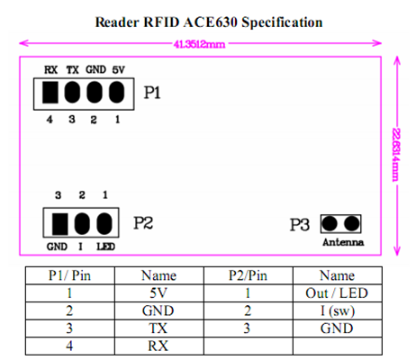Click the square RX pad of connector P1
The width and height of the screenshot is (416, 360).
[50, 93]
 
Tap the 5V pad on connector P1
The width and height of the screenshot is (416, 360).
[116, 93]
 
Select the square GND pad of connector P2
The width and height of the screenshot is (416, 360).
[60, 224]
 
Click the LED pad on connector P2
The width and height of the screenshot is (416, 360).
[104, 224]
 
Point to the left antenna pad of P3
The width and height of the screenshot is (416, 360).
[330, 223]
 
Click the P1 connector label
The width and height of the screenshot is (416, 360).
[152, 93]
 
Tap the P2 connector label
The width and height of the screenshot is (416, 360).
[143, 223]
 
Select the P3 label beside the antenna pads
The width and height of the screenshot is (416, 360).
[300, 225]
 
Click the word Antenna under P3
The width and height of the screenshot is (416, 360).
[343, 242]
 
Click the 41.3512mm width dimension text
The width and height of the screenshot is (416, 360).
[199, 44]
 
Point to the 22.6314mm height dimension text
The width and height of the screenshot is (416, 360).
[396, 155]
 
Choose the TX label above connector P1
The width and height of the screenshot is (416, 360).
[73, 70]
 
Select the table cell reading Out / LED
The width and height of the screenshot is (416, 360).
[337, 293]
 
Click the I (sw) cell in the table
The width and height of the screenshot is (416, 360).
[338, 310]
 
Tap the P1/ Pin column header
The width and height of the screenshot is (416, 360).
[69, 275]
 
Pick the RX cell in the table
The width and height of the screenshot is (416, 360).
[158, 346]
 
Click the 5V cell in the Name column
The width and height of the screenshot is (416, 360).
[158, 293]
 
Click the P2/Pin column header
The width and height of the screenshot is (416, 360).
[248, 275]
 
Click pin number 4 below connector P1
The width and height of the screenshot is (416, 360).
[50, 120]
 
